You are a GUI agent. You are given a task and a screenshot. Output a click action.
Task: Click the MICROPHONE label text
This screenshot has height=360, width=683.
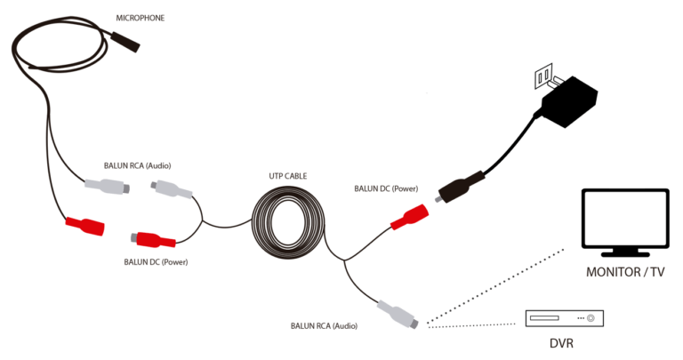point(141,18)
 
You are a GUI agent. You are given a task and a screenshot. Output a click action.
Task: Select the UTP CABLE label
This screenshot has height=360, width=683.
point(287,177)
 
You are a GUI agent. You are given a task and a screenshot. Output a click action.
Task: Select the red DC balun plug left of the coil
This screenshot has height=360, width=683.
point(153,240)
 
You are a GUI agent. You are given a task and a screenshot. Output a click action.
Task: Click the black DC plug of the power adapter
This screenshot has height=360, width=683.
point(458,188)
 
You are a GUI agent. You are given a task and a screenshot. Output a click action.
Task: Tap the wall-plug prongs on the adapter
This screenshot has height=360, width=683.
point(544,76)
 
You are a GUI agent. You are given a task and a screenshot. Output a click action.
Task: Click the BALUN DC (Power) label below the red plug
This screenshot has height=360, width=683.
point(156,262)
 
